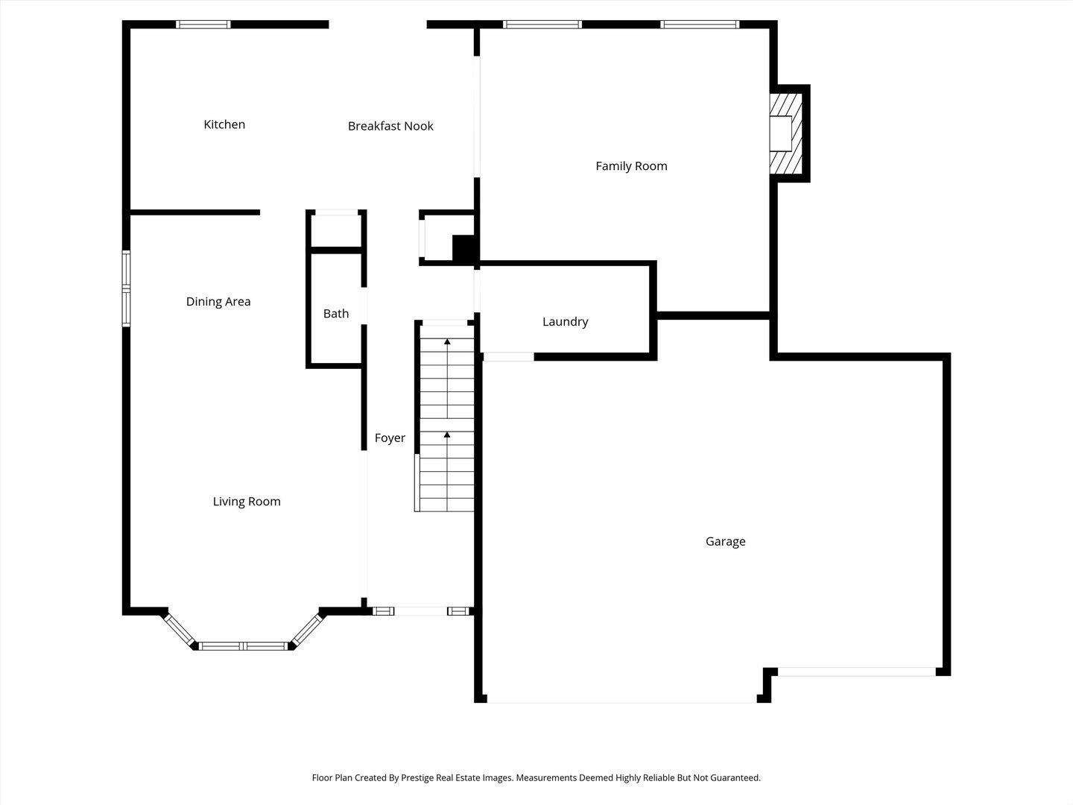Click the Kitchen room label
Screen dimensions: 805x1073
224,124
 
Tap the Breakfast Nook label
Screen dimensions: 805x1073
390,126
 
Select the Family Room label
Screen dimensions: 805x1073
631,166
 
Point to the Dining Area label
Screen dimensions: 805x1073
218,302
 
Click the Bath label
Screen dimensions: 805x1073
336,314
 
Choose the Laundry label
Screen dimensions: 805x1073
565,322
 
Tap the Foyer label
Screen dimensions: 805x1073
390,438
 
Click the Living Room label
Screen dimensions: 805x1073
247,502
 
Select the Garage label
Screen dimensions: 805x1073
725,542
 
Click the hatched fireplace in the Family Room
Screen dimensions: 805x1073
786,133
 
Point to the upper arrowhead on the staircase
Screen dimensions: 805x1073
447,341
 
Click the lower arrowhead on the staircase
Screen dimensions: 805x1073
447,434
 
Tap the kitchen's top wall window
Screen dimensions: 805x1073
203,25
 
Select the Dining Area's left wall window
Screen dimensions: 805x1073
127,289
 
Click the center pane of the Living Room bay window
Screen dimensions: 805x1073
243,645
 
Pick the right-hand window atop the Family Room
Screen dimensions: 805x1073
700,25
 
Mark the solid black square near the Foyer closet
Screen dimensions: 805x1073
464,248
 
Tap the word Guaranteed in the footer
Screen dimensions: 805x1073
735,778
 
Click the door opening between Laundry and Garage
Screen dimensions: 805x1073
508,357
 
